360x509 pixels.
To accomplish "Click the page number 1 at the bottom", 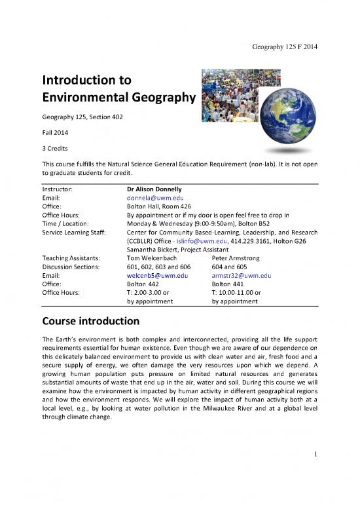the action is pyautogui.click(x=315, y=469).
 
